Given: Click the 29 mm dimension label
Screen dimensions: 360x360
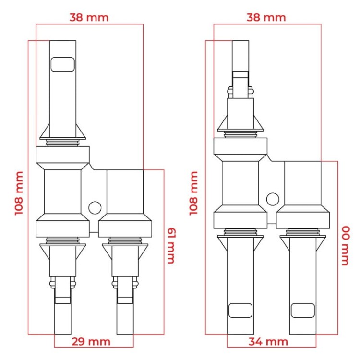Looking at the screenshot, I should click(x=91, y=341).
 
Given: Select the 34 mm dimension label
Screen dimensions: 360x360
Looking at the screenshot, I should click(x=268, y=341).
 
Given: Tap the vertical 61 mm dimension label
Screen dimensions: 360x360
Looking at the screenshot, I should click(x=170, y=245).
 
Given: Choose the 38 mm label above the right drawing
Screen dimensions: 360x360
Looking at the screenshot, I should click(x=266, y=18).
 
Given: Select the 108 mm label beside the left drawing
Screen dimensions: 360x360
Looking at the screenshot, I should click(x=19, y=193).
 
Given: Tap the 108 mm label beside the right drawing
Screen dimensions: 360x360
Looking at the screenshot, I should click(x=194, y=193).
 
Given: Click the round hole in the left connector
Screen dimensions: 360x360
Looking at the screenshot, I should click(x=95, y=207).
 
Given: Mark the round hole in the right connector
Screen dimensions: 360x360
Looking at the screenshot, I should click(x=273, y=198).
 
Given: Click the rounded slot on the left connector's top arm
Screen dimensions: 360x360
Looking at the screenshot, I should click(x=63, y=64).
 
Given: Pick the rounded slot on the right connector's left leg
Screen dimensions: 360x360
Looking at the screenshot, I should click(x=240, y=310).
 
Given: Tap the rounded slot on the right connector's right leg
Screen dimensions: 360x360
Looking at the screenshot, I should click(x=302, y=310).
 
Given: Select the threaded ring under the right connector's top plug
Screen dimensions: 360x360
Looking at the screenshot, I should click(x=240, y=134).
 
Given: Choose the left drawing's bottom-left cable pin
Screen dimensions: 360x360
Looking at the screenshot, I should click(x=63, y=317).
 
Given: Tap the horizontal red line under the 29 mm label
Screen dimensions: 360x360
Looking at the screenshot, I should click(x=94, y=347).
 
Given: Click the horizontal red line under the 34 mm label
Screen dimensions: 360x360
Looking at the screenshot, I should click(x=271, y=347).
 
